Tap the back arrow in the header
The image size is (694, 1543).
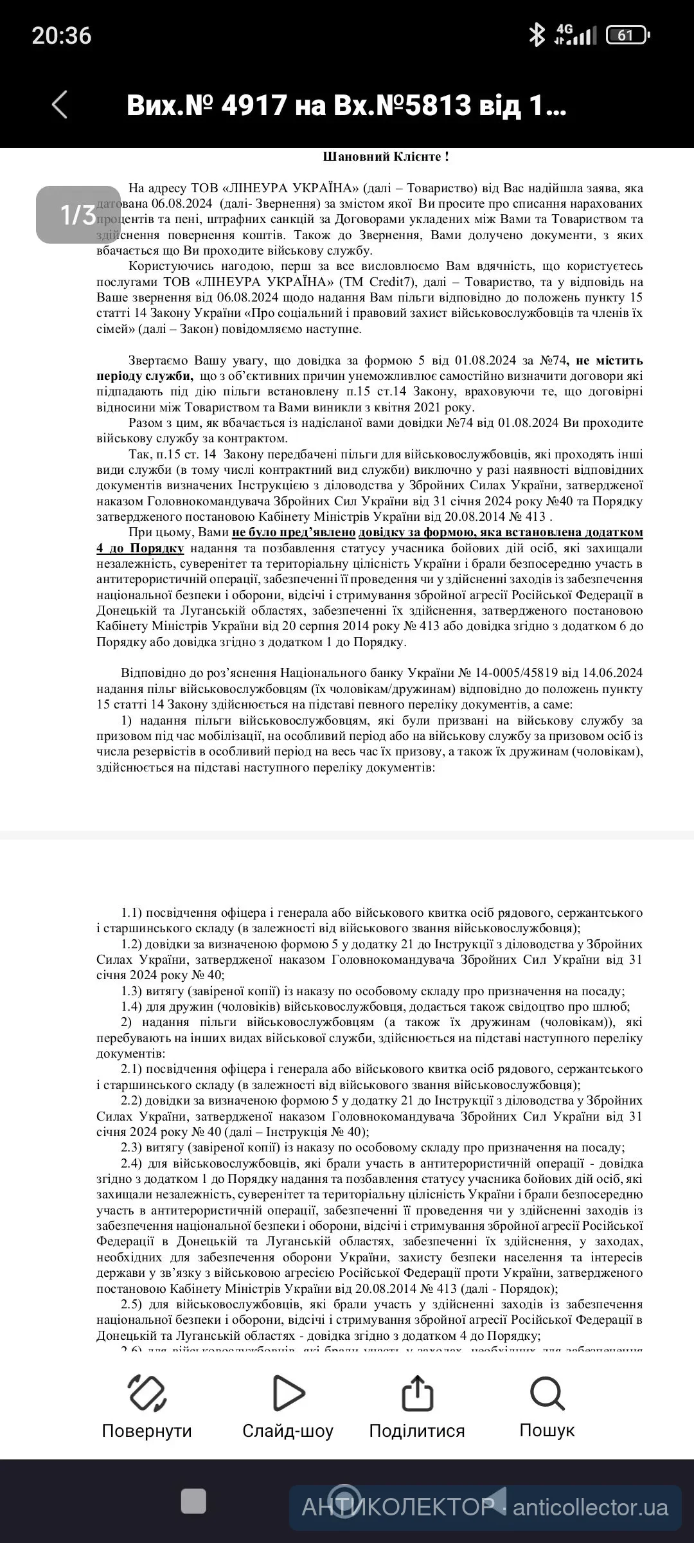point(59,105)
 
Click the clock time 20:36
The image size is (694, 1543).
point(62,35)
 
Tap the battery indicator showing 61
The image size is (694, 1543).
point(627,35)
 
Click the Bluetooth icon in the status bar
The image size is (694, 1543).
point(536,35)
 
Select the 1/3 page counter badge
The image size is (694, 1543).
point(78,215)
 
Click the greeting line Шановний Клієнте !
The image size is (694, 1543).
point(385,157)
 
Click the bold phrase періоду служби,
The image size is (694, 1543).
point(145,376)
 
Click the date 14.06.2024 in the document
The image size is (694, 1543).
point(611,673)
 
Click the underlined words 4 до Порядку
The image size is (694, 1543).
point(140,548)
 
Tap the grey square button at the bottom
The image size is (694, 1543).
point(193,1501)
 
